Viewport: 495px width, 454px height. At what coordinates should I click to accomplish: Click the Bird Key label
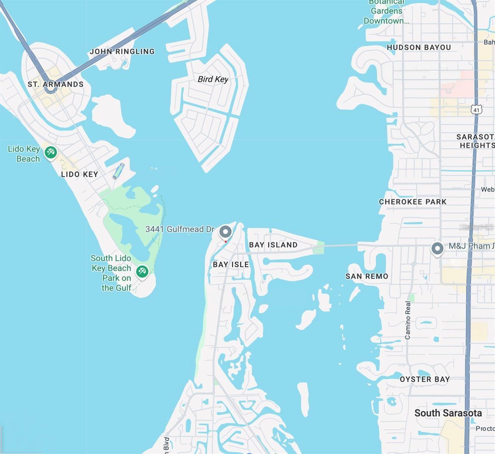click(x=213, y=79)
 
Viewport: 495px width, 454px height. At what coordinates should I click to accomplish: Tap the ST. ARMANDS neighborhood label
click(x=56, y=84)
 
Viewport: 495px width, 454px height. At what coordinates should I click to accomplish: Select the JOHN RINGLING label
click(x=122, y=51)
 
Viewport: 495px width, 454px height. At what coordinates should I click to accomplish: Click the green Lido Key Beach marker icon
click(x=50, y=152)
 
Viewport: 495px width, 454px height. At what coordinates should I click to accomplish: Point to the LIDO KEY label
click(x=79, y=174)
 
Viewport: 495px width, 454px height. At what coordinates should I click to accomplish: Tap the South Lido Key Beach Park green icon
click(x=142, y=271)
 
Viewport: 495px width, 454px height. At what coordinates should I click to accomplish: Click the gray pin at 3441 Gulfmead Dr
click(x=226, y=231)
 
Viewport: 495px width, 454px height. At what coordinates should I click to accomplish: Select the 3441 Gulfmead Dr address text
click(x=179, y=229)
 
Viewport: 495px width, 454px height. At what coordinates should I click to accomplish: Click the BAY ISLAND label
click(x=273, y=245)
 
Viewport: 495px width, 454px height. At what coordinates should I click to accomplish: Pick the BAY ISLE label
click(x=231, y=264)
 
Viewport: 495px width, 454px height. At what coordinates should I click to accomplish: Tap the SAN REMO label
click(x=367, y=277)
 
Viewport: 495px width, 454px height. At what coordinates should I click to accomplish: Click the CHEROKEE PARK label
click(x=413, y=202)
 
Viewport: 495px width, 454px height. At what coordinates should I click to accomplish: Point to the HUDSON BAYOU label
click(x=419, y=48)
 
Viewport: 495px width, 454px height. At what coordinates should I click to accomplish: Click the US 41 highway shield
click(x=476, y=110)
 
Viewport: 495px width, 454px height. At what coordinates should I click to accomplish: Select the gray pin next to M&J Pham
click(x=438, y=249)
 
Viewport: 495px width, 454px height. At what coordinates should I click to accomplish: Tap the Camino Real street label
click(x=408, y=320)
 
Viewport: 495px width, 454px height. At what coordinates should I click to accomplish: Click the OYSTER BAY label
click(x=425, y=379)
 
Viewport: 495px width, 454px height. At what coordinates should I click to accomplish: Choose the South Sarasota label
click(x=448, y=413)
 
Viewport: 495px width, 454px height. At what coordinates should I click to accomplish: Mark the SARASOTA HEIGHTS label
click(x=475, y=141)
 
